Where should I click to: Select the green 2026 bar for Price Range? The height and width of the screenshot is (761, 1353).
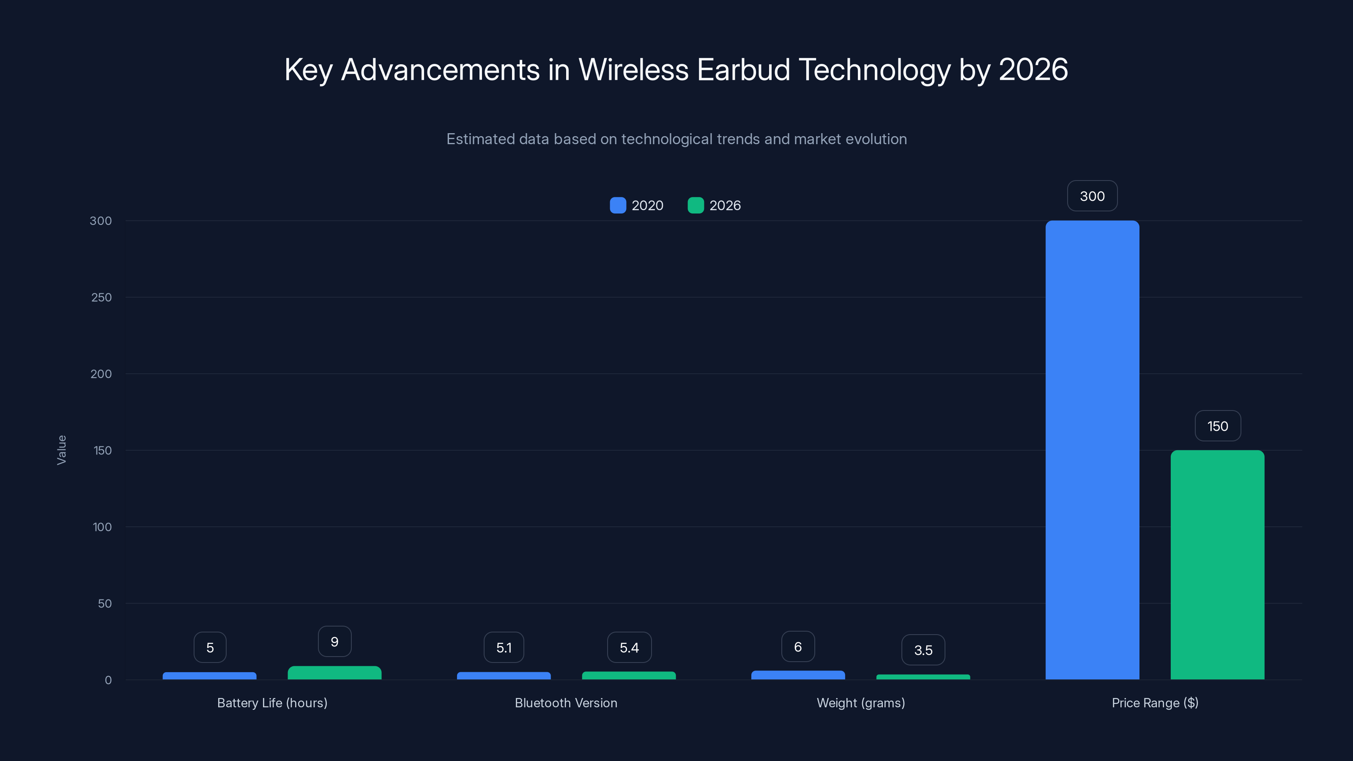1217,564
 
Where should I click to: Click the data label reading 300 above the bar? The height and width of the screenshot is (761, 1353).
1092,196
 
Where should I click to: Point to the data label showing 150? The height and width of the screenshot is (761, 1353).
1218,426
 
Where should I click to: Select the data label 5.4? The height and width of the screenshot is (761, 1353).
629,648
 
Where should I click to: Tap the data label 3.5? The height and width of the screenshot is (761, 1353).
923,650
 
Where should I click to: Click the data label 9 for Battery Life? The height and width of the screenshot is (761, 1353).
334,641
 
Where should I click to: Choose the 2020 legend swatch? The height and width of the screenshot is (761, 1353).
618,205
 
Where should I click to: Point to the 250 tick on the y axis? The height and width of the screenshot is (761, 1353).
101,297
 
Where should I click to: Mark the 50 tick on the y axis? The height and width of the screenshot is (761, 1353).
104,603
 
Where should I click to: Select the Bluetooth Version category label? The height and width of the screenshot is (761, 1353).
566,703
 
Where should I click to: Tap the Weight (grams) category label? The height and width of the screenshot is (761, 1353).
860,703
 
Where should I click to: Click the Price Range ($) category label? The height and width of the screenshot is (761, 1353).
1154,703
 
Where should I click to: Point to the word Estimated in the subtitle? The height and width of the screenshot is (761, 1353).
480,139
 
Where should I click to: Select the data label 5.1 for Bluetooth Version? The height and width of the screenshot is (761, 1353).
504,648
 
